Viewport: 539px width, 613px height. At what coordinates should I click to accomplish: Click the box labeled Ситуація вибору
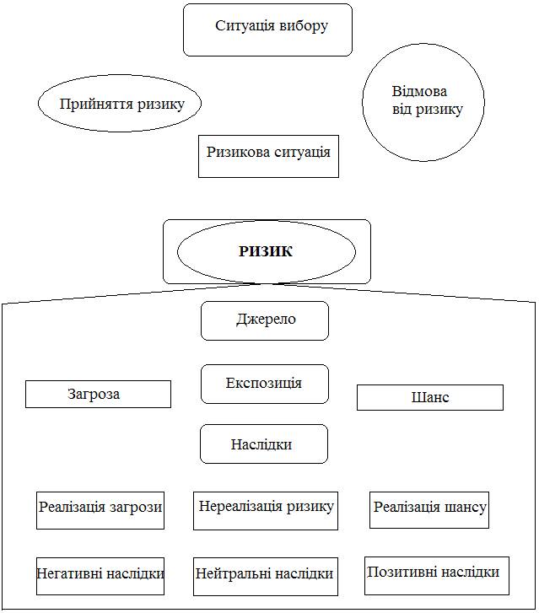[x=267, y=30]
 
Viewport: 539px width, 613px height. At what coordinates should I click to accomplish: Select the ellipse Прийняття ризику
[x=120, y=104]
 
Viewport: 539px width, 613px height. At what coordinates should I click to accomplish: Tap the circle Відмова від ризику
[x=423, y=101]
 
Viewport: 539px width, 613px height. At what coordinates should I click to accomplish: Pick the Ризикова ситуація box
[x=268, y=155]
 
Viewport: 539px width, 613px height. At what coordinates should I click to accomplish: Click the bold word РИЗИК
[x=266, y=251]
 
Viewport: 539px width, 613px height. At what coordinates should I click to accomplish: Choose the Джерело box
[x=265, y=320]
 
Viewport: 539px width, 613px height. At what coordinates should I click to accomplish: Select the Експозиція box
[x=264, y=384]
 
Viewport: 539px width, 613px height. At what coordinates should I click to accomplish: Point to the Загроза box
[x=98, y=394]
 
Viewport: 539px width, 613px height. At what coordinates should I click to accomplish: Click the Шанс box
[x=429, y=397]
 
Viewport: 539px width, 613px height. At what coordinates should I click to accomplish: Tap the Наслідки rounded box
[x=263, y=444]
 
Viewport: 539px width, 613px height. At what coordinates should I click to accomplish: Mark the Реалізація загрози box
[x=100, y=509]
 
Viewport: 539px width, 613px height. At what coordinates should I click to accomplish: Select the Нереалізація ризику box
[x=266, y=509]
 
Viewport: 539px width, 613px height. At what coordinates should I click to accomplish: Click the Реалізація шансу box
[x=429, y=509]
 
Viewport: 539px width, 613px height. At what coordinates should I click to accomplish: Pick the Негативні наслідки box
[x=100, y=575]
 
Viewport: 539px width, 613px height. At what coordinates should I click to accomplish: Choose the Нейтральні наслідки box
[x=266, y=575]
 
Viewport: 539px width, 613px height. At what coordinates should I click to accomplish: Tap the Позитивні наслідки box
[x=433, y=573]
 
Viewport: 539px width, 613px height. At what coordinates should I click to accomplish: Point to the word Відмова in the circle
[x=419, y=92]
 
